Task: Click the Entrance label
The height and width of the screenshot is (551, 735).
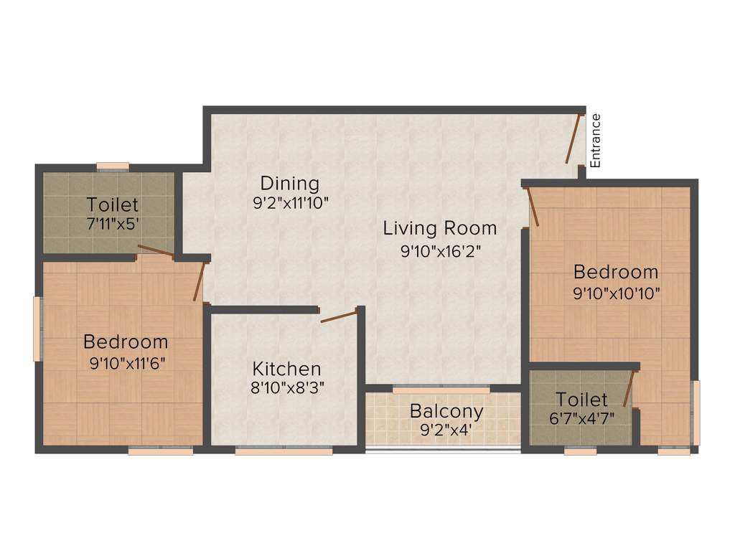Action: [595, 140]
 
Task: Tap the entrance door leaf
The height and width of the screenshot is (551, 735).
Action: [573, 140]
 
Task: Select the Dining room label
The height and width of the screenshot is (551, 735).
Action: [289, 183]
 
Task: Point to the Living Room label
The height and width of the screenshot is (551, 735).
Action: [439, 229]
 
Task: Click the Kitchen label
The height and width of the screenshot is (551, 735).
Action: [286, 369]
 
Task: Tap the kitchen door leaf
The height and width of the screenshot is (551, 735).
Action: [338, 316]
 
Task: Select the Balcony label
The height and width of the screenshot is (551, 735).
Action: [446, 412]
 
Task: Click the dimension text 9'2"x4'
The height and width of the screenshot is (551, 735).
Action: [446, 433]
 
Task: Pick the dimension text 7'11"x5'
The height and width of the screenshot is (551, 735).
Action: [112, 224]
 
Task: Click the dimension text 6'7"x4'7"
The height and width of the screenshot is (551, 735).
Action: [581, 418]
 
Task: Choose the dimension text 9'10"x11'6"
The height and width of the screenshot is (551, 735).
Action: [126, 363]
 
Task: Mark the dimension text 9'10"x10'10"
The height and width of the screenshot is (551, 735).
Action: [616, 293]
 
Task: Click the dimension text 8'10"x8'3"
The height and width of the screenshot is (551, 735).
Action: [286, 390]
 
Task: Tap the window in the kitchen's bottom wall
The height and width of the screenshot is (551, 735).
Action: [284, 451]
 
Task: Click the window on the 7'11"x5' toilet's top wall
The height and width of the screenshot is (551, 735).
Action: [113, 167]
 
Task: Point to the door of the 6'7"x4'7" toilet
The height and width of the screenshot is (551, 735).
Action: [629, 388]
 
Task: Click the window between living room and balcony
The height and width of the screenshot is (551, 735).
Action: [441, 389]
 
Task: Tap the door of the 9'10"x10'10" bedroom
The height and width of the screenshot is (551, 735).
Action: [533, 207]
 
